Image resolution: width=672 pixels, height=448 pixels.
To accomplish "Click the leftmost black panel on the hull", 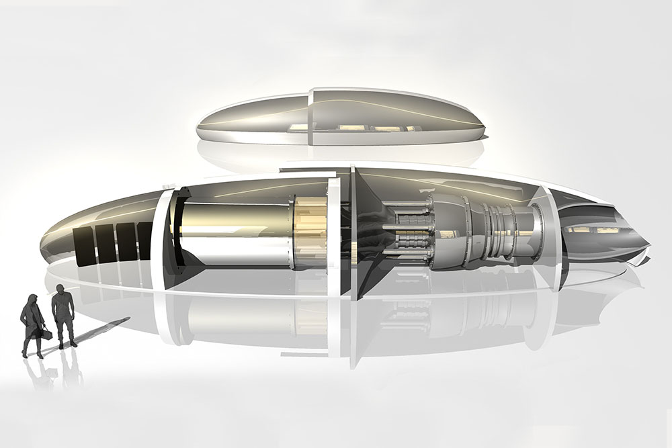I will pyautogui.click(x=83, y=247).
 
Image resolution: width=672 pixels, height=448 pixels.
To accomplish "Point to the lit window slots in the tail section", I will pyautogui.click(x=591, y=232).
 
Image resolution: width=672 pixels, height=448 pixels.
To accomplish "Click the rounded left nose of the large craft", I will pyautogui.click(x=50, y=238).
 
